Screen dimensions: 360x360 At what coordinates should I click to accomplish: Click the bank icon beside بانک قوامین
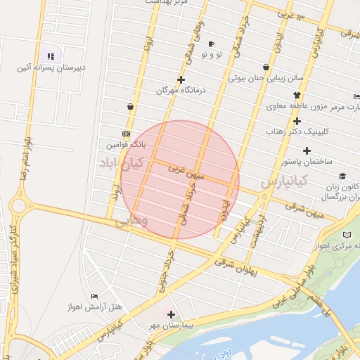(x=126, y=134)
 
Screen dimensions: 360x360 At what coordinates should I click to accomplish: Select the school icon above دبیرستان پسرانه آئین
(x=50, y=56)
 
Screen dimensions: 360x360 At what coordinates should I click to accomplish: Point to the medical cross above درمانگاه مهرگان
(x=181, y=79)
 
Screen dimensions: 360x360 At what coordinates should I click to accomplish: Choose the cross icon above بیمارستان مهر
(x=171, y=314)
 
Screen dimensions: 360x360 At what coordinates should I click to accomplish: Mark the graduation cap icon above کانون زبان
(x=342, y=176)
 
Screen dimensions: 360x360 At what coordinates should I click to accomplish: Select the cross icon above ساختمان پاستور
(x=307, y=150)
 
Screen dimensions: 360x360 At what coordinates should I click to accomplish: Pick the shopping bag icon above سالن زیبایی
(x=265, y=67)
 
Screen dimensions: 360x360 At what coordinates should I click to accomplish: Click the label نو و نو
(x=211, y=54)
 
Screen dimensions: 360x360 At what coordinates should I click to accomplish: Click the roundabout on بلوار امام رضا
(x=19, y=207)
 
